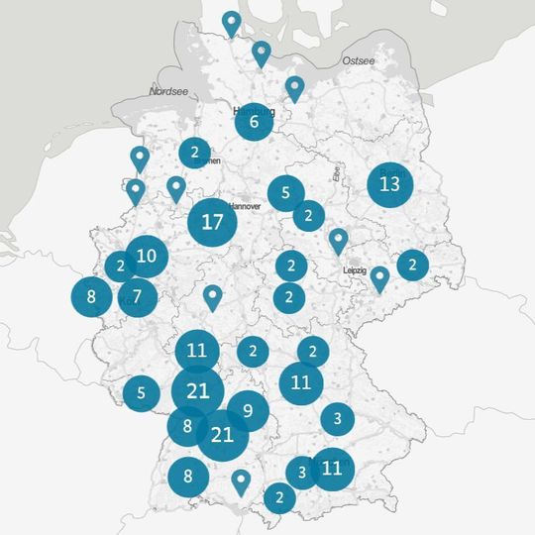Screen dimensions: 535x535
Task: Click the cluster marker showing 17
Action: click(212, 222)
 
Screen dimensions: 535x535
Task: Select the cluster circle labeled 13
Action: click(389, 184)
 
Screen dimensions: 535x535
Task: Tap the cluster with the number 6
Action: click(255, 123)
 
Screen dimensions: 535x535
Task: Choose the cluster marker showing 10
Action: click(147, 257)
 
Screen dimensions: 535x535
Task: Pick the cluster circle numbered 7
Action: click(138, 295)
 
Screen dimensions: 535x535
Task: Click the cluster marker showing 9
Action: click(248, 410)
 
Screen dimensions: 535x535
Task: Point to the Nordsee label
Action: click(167, 91)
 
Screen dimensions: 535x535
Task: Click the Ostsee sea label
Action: click(358, 61)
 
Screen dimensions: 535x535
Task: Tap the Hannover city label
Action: click(245, 206)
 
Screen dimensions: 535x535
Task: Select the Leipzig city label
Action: click(354, 270)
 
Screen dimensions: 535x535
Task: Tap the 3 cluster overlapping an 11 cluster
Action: click(301, 472)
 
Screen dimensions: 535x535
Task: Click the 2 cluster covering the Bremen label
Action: click(195, 153)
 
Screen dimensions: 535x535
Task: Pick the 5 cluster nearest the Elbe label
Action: click(285, 193)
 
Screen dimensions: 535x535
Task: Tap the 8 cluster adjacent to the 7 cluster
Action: click(91, 296)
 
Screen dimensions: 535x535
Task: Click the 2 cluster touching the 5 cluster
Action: click(309, 214)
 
